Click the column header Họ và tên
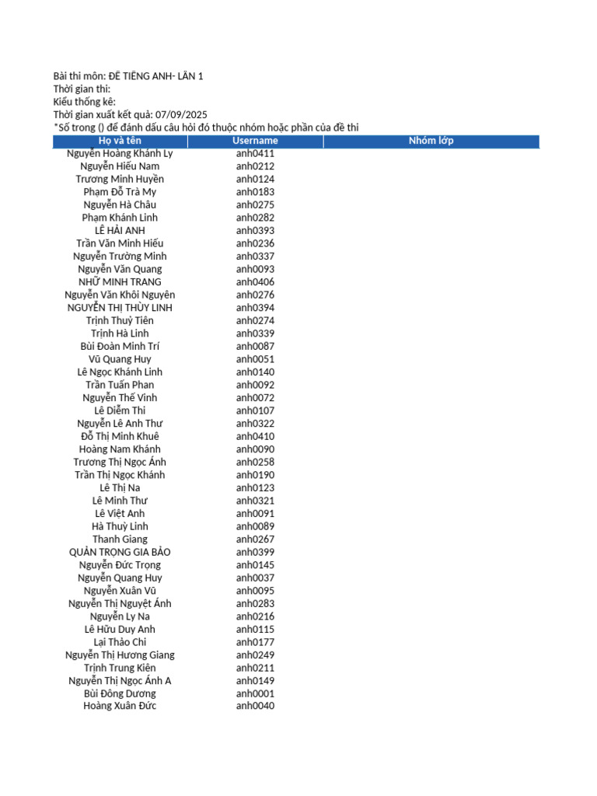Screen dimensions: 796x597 120,141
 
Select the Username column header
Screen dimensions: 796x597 255,141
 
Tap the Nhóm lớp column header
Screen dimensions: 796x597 431,141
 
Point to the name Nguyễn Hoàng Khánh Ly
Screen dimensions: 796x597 120,153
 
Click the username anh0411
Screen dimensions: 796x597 255,153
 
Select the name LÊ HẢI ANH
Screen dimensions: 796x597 120,231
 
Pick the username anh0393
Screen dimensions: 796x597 255,231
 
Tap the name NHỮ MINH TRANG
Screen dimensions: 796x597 120,282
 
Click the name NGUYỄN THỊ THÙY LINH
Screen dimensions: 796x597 120,308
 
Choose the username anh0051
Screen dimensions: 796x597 255,359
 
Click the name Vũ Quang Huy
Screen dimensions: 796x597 120,359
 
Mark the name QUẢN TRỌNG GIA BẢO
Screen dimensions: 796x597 120,552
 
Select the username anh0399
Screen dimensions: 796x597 255,552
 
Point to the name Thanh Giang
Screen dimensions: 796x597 120,539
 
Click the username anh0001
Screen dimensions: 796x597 255,693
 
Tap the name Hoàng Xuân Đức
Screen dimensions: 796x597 120,706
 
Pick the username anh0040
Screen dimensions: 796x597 255,706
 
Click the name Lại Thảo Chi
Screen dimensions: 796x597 120,642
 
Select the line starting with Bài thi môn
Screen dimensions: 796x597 128,76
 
